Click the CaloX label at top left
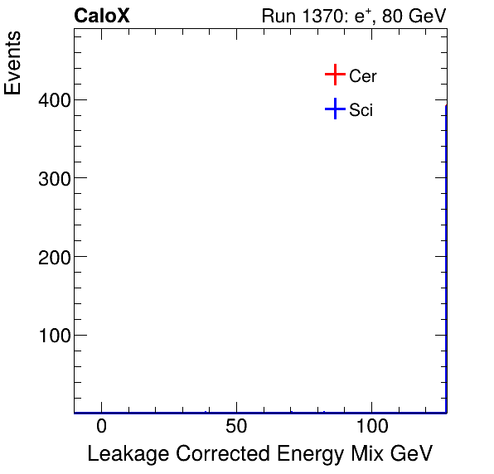pos(101,16)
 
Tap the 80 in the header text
pos(392,16)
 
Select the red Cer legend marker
pos(334,75)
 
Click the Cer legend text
pos(363,76)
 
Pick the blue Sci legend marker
pos(334,109)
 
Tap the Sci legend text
pos(361,110)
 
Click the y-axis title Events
pos(14,65)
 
